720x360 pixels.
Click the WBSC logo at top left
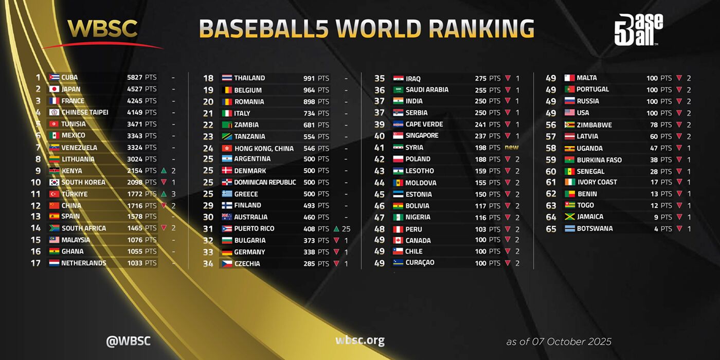(x=103, y=30)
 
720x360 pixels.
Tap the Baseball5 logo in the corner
(x=638, y=30)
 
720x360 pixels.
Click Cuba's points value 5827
(x=135, y=78)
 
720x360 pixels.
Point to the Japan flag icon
(x=54, y=89)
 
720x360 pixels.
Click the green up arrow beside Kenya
(x=164, y=171)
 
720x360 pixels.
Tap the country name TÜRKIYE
(x=74, y=194)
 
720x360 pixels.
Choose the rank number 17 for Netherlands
(x=36, y=263)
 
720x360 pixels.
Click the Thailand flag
(x=227, y=78)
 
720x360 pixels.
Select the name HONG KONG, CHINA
(x=264, y=148)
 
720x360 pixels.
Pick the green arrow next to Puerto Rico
(x=336, y=228)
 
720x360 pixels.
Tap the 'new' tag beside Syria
(x=511, y=148)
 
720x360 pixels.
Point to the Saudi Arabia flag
(x=398, y=90)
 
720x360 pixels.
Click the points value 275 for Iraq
(x=480, y=79)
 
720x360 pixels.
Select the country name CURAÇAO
(x=420, y=263)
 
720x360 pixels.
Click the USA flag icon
(x=569, y=113)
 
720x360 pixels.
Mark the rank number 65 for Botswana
(x=551, y=229)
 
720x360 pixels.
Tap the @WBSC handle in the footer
(x=128, y=340)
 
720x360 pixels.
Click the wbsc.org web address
(x=360, y=340)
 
